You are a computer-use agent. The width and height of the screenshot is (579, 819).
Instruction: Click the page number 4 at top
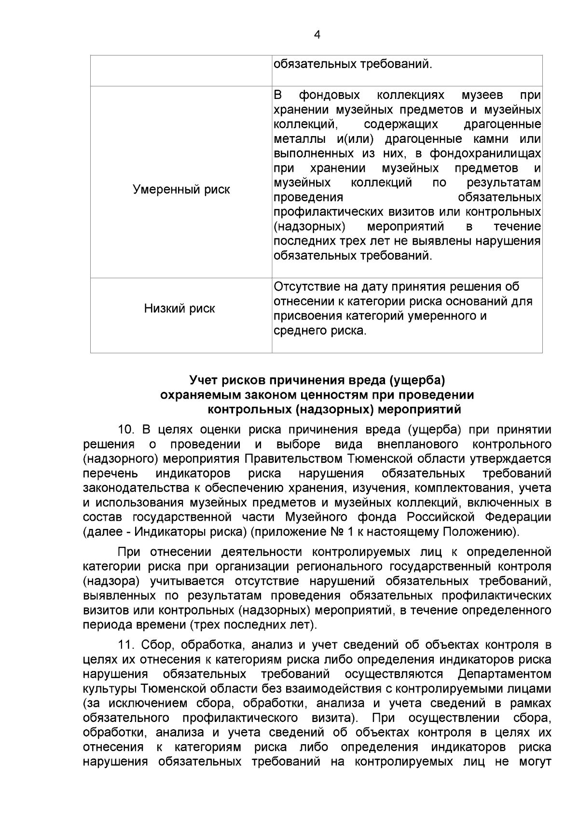coord(317,35)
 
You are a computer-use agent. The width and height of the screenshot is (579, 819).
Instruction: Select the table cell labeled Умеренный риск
coord(181,190)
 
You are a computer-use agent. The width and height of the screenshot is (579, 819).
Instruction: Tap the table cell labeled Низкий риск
coord(179,308)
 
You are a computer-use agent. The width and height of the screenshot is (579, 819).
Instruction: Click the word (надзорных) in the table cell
coord(309,226)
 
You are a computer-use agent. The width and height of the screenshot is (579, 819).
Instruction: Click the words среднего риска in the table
coord(320,331)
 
